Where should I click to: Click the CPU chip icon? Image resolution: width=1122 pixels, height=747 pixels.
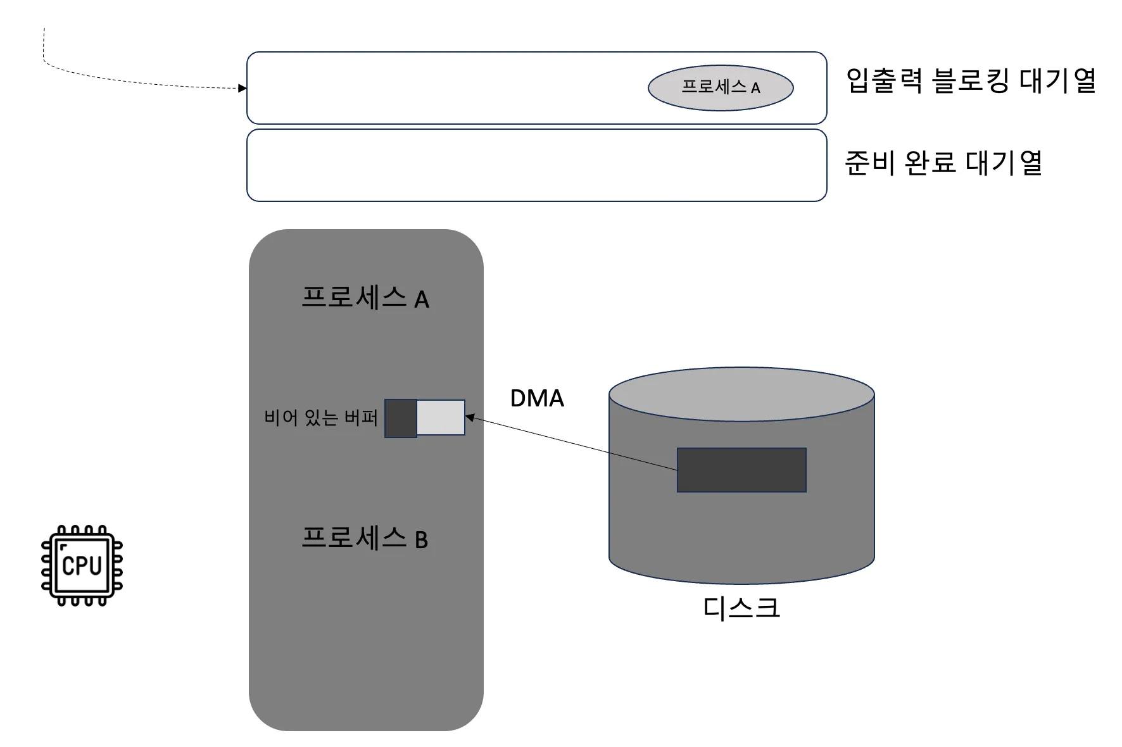coord(82,565)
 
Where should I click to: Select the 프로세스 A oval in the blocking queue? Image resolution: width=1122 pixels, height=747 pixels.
coord(720,88)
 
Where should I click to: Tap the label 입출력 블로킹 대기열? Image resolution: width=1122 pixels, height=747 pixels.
coord(970,81)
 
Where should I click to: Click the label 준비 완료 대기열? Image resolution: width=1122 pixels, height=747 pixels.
coord(943,163)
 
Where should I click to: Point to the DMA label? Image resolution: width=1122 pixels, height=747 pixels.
coord(537,398)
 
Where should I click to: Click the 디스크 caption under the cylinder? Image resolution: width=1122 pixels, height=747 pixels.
coord(741,608)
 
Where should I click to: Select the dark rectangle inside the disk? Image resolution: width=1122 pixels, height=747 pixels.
coord(741,470)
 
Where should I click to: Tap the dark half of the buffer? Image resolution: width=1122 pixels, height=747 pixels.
coord(400,418)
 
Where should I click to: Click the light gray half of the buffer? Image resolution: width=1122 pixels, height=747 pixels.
coord(441,417)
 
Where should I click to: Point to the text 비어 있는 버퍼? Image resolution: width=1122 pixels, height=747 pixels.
coord(320,418)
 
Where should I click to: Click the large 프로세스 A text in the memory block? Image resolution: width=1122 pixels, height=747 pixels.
coord(365,298)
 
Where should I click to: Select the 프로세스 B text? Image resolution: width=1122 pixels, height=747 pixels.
coord(365,539)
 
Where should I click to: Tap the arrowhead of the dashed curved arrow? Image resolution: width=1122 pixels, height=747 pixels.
coord(242,88)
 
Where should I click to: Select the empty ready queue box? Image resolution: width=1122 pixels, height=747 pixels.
coord(536,165)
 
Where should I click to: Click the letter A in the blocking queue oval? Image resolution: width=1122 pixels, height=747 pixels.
coord(755,89)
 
